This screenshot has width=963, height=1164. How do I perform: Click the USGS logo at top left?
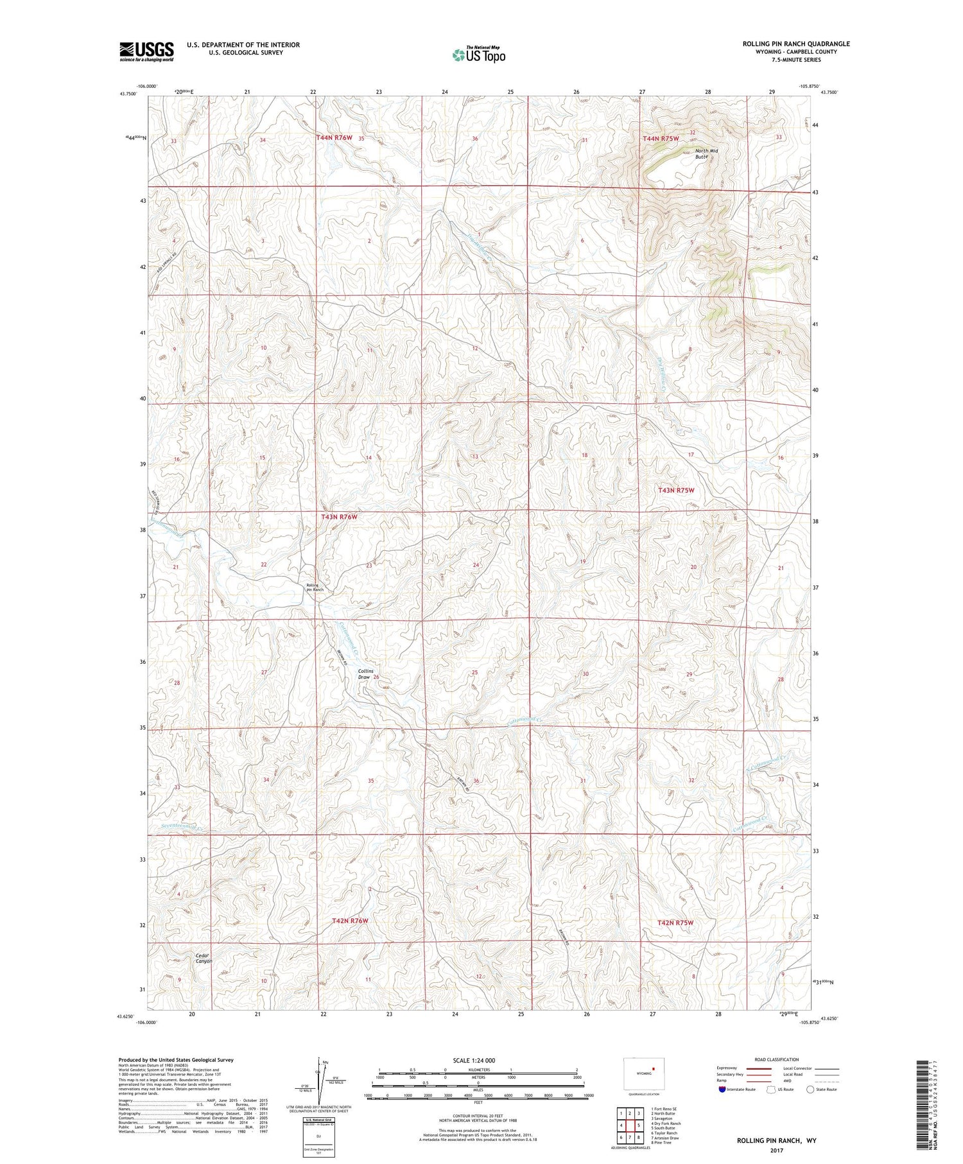coord(146,51)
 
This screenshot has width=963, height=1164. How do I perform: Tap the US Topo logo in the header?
coord(478,55)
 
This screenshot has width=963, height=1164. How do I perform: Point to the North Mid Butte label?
coord(706,153)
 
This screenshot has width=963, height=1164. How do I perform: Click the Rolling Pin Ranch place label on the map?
coord(315,587)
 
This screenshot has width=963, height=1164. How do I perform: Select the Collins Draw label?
coord(365,674)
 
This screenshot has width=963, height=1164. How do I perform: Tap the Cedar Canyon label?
coord(204,958)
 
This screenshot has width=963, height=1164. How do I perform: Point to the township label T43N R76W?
coord(338,516)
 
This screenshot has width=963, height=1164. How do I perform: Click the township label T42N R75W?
coord(675,922)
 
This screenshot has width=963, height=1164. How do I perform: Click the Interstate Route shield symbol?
coord(723,1089)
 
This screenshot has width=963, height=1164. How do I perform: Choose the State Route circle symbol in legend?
coord(810,1089)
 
